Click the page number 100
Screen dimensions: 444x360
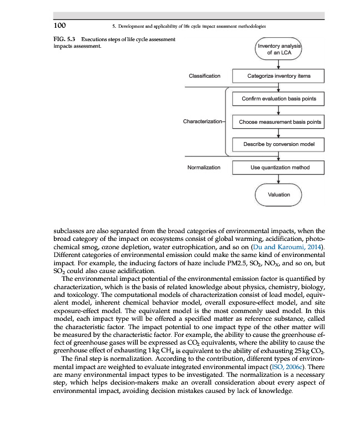59,25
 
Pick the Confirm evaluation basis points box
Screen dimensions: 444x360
279,99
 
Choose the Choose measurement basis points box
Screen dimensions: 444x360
279,122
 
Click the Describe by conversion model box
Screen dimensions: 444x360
279,144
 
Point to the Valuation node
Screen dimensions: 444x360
279,194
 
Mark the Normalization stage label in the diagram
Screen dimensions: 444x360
204,167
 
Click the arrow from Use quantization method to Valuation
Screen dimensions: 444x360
279,179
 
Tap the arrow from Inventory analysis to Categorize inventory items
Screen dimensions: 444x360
279,64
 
